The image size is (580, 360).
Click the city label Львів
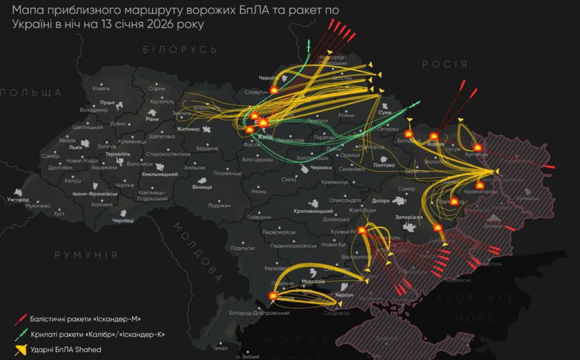75,147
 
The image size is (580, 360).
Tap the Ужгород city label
18,200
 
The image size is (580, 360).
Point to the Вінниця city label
202,187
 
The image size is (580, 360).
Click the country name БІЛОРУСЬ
180,50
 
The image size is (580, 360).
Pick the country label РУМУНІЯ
86,255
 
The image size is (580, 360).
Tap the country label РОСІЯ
445,64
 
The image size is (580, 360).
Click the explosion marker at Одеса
273,296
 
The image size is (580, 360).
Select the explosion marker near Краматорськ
480,185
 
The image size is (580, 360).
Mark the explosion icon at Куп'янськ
478,147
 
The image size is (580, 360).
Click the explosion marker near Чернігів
274,90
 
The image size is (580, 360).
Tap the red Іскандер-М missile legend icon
21,319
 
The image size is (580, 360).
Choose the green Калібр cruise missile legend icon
21,335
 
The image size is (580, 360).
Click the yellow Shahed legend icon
21,350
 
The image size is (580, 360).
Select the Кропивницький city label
313,211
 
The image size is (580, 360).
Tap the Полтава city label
384,165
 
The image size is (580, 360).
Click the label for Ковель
101,88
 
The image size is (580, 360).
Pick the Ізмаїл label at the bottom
220,348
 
